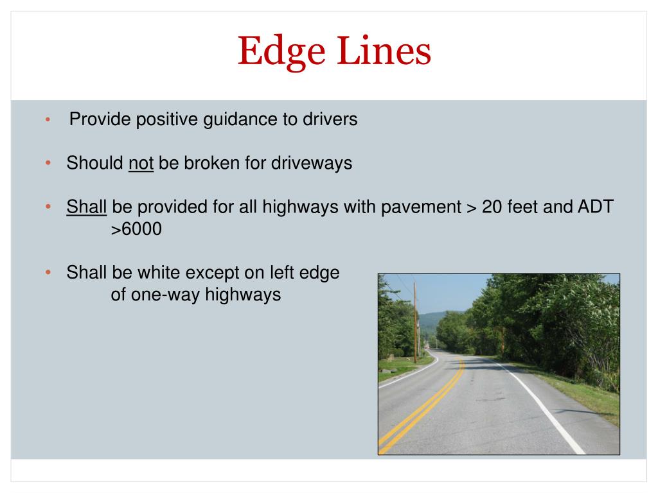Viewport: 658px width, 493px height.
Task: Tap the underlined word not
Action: pos(141,163)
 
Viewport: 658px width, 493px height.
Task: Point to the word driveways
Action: pos(311,163)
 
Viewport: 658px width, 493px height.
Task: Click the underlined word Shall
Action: pos(86,207)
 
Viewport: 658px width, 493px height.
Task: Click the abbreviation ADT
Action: pos(594,207)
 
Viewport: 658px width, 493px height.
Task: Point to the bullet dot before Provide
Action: pos(48,121)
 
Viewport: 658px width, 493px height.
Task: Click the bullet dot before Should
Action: pos(48,164)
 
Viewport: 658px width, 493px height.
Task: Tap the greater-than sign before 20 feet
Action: pos(472,207)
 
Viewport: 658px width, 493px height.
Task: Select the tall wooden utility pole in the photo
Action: pos(415,321)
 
